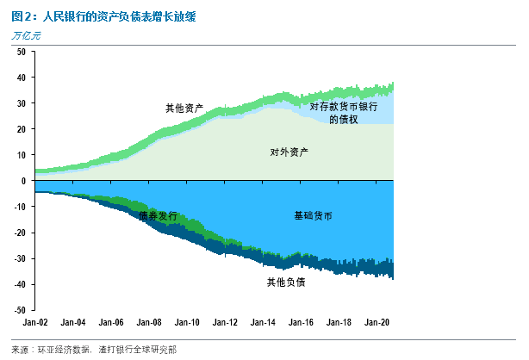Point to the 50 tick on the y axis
pyautogui.click(x=21, y=52)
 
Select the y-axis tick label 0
pyautogui.click(x=23, y=181)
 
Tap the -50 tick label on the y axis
pyautogui.click(x=19, y=310)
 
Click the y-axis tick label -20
pyautogui.click(x=19, y=233)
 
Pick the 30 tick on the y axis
pyautogui.click(x=21, y=103)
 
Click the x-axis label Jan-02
pyautogui.click(x=35, y=322)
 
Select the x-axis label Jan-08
pyautogui.click(x=148, y=322)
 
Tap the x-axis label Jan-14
pyautogui.click(x=261, y=322)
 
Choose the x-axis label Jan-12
pyautogui.click(x=224, y=322)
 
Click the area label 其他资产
pyautogui.click(x=184, y=109)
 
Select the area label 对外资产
pyautogui.click(x=289, y=152)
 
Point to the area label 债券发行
pyautogui.click(x=158, y=216)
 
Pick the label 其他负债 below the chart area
pyautogui.click(x=286, y=282)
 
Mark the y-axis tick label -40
pyautogui.click(x=19, y=284)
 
